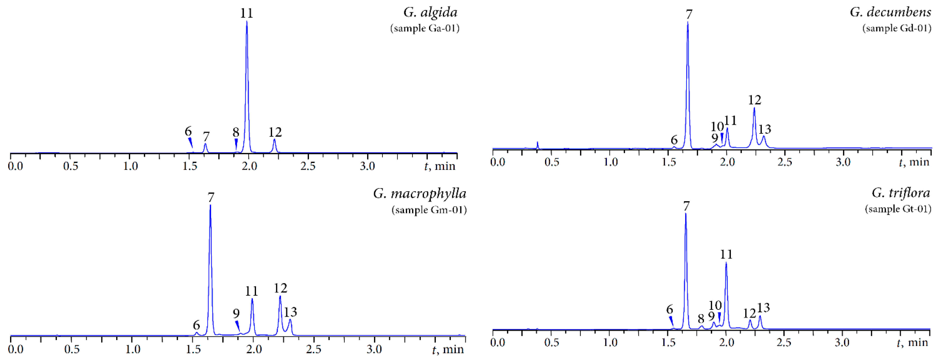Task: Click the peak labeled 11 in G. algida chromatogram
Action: point(247,22)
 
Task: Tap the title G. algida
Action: point(430,12)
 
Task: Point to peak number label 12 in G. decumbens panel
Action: point(755,100)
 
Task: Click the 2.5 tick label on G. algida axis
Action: point(308,166)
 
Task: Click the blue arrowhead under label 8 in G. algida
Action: point(236,143)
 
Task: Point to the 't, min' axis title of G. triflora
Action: point(913,342)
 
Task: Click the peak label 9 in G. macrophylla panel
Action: point(236,313)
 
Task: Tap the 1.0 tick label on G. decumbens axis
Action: point(611,162)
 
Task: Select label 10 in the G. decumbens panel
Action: point(717,126)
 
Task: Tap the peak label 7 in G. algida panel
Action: point(206,137)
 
